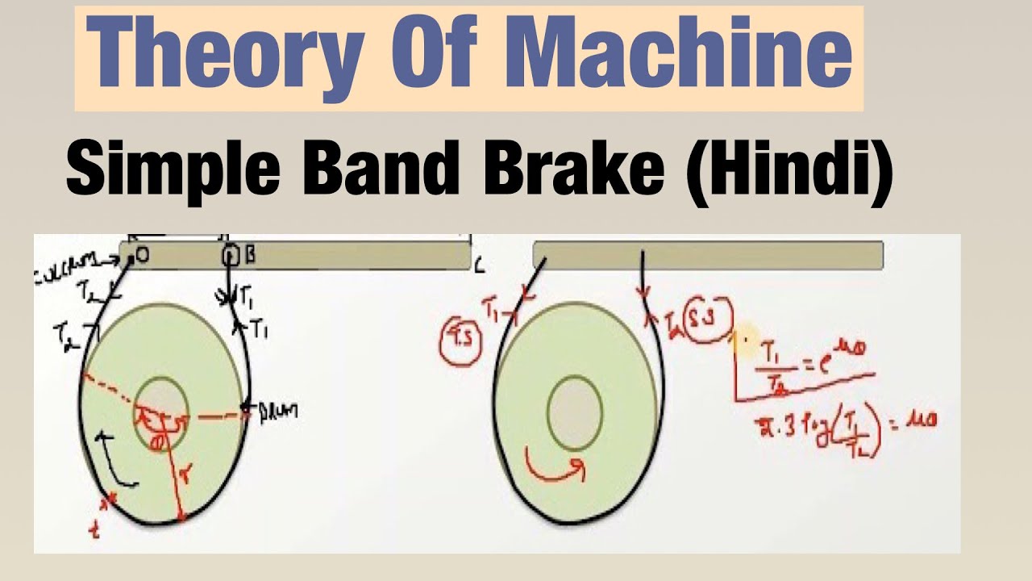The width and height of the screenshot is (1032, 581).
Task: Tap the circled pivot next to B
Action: coord(231,256)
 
